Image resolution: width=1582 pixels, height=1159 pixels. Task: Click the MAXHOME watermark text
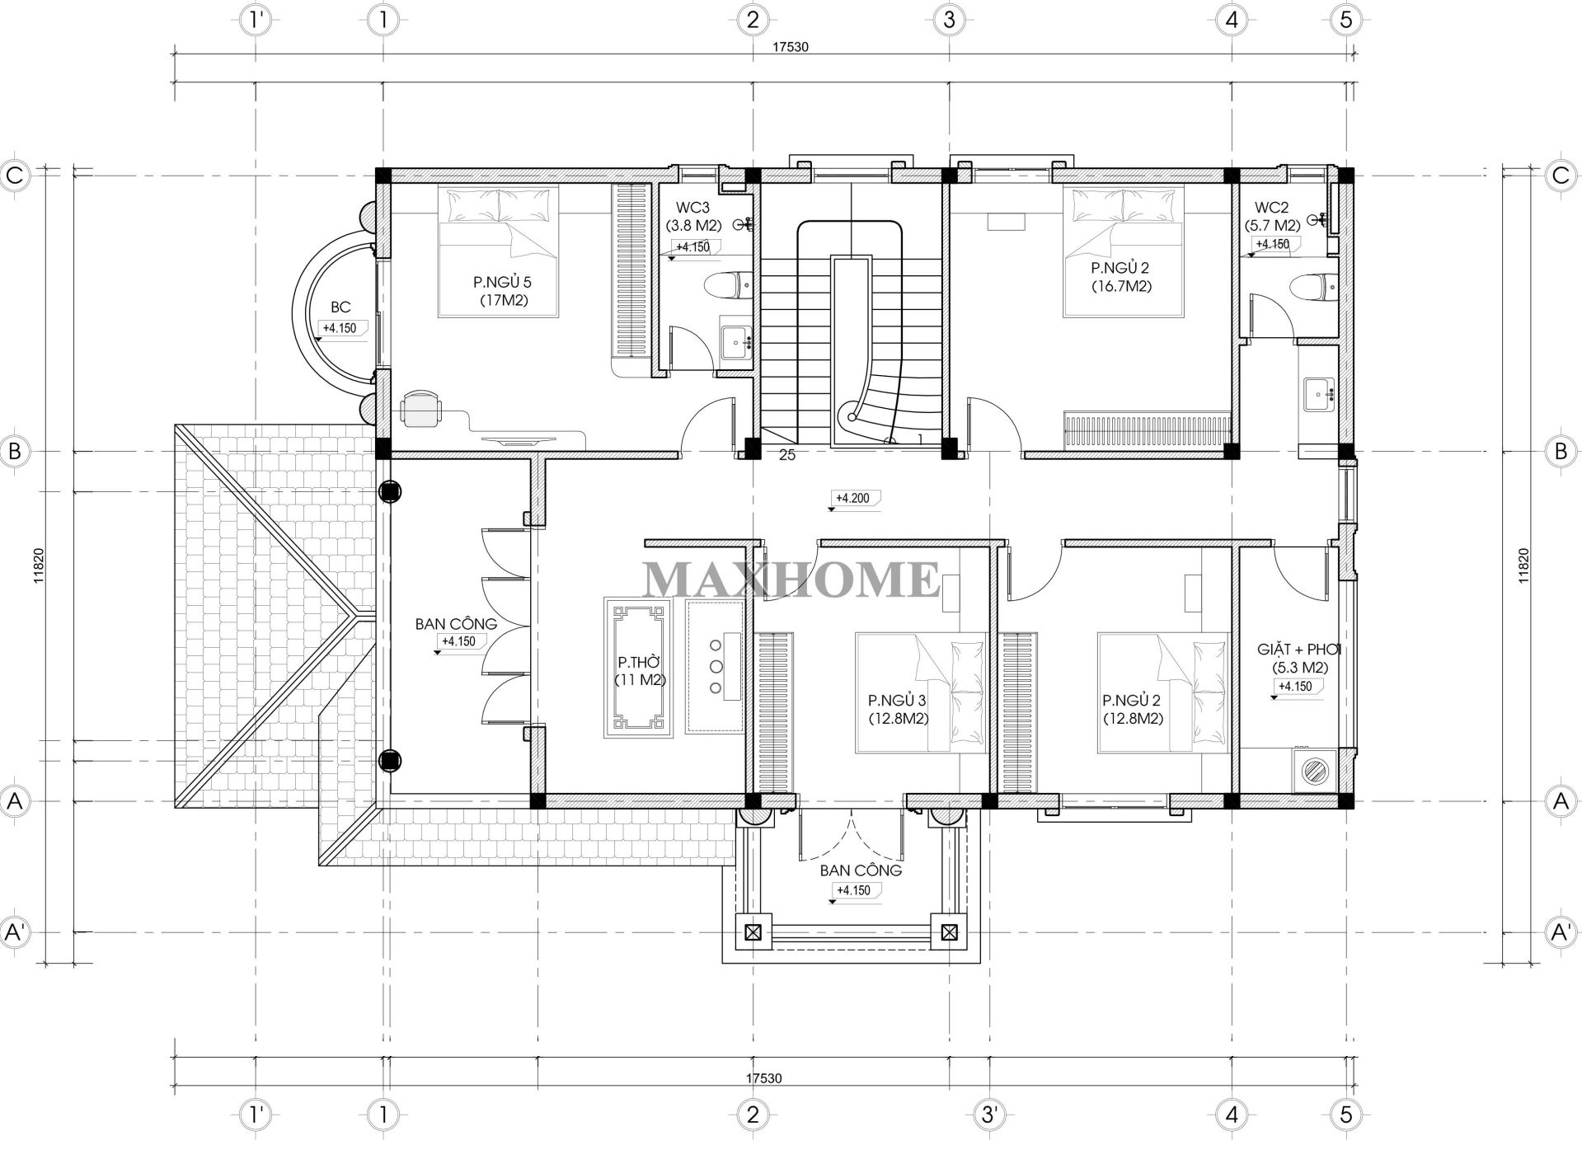click(791, 579)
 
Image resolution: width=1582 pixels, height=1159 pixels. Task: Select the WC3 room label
click(687, 208)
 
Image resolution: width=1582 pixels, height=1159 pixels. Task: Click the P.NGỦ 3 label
click(897, 701)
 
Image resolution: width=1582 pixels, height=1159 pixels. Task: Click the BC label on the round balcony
click(340, 307)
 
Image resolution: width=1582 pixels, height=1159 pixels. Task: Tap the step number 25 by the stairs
click(787, 454)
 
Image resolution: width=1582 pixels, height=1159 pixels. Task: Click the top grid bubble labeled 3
click(949, 20)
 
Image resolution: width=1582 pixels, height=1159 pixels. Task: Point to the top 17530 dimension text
click(790, 47)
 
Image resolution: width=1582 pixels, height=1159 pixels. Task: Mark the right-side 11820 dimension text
click(1523, 566)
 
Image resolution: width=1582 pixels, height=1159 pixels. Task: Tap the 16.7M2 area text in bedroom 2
click(1120, 287)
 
